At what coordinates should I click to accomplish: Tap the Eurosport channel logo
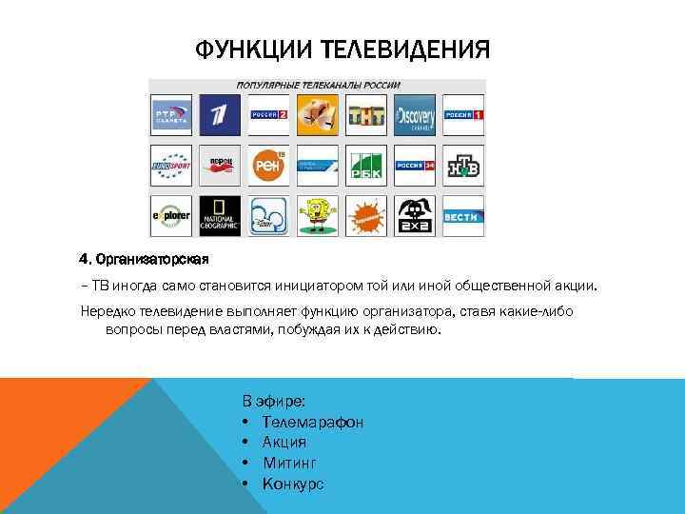172,166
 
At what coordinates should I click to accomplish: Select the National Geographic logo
220,216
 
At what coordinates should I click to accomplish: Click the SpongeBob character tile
317,216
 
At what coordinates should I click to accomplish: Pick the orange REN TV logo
268,166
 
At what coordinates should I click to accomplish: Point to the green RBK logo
366,166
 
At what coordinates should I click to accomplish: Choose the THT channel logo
366,115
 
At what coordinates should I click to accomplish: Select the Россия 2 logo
268,115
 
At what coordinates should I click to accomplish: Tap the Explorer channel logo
172,216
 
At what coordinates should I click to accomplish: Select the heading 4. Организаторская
144,259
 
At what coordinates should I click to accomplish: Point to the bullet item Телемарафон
313,422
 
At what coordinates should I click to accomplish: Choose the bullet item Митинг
289,463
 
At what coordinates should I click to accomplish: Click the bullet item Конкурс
293,484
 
